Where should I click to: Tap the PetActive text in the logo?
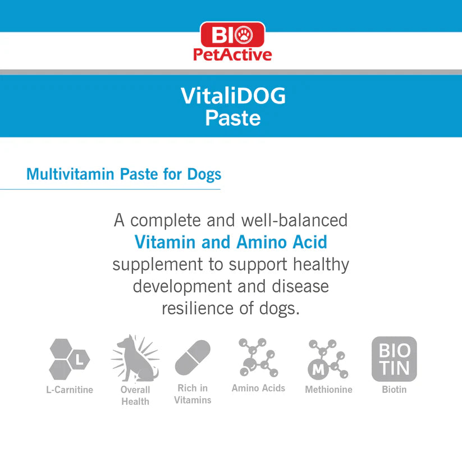point(232,55)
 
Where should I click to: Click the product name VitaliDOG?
point(233,97)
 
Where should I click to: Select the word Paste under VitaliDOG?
point(232,118)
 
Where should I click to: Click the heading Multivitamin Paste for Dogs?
point(123,174)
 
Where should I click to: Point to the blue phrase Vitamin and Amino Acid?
point(231,242)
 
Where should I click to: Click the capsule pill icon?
point(193,358)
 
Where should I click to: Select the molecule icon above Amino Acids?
point(258,357)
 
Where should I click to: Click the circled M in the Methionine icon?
point(318,370)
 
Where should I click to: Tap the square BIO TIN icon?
point(394,359)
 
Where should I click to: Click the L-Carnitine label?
point(70,390)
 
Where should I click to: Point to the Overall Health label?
point(135,395)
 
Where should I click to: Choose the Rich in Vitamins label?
point(193,394)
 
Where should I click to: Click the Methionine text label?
point(328,390)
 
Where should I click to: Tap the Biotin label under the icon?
point(394,389)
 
